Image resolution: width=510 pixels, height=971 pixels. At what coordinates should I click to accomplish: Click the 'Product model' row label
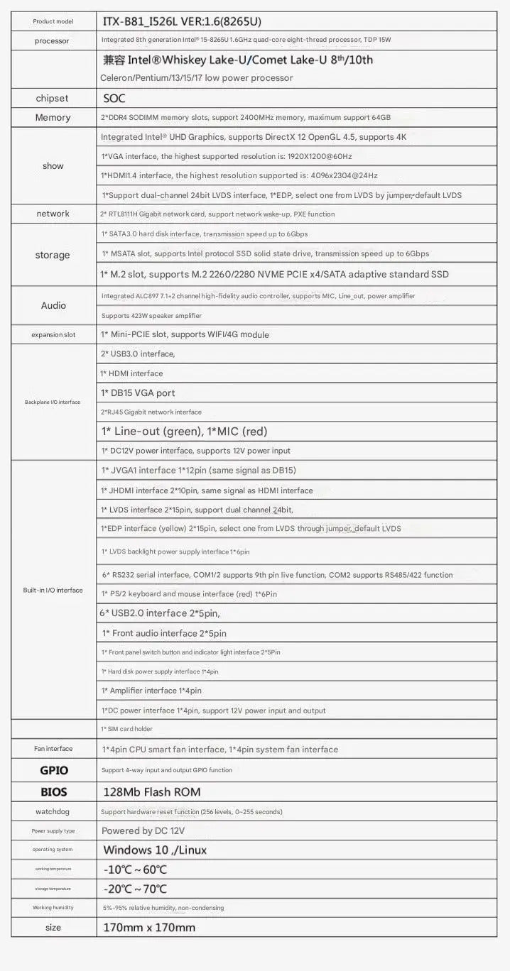53,22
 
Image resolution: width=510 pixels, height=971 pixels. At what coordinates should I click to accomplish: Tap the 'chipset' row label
53,98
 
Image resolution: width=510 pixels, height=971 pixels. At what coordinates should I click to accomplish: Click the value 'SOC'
114,99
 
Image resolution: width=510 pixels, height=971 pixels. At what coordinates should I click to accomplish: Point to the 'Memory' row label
53,118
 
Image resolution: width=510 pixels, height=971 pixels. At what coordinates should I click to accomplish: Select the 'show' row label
53,166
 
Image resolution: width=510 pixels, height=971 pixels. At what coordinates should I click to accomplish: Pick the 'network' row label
53,214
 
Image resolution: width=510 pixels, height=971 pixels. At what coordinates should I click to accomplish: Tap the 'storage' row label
53,255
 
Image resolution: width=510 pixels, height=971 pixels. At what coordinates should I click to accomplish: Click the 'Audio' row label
53,305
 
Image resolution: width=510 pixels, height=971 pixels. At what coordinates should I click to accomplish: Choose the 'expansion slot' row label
53,334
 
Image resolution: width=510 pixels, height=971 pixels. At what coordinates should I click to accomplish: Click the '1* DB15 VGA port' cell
138,393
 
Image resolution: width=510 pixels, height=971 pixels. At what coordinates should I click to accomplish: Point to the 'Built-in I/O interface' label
53,591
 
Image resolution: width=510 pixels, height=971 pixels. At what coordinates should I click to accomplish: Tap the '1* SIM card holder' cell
127,729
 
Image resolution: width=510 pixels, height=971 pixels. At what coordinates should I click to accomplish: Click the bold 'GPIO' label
53,770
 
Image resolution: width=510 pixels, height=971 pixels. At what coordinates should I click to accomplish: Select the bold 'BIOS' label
53,791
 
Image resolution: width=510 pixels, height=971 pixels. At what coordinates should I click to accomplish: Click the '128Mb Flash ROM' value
151,792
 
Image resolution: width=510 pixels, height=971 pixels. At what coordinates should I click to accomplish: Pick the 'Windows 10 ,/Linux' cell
155,850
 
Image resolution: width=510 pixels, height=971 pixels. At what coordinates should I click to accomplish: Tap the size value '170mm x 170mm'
148,928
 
